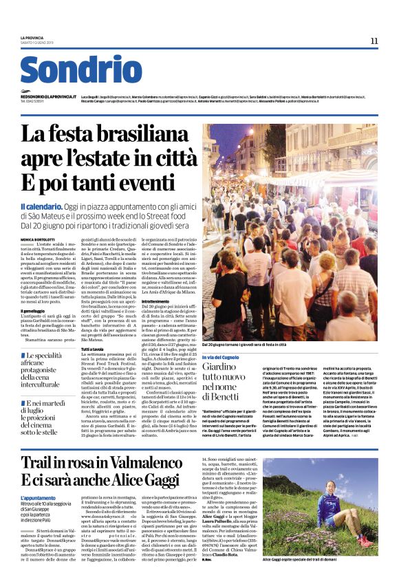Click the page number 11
coord(374,41)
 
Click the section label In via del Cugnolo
coord(223,358)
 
